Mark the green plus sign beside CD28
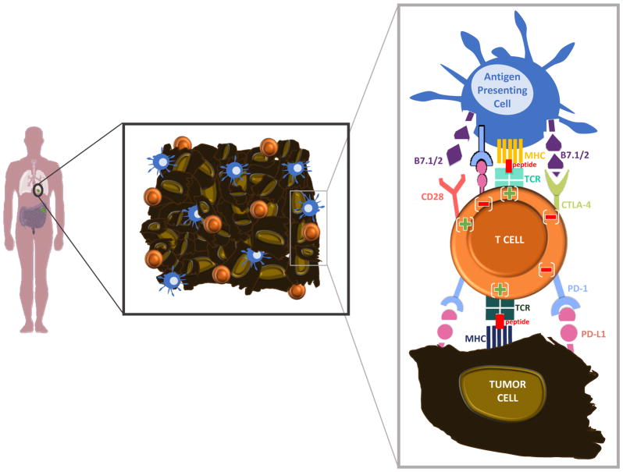tap(465, 224)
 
